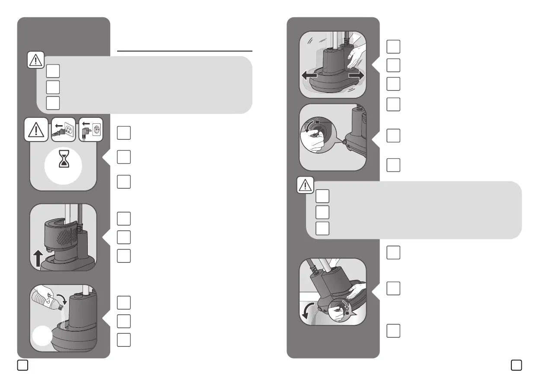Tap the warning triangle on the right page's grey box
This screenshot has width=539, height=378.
(x=305, y=186)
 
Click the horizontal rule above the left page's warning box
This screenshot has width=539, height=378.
(x=185, y=51)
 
